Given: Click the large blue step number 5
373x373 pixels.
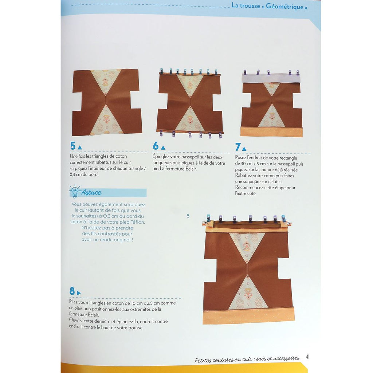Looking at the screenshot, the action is pos(73,146).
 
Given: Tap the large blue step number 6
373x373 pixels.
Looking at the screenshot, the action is pos(156,146).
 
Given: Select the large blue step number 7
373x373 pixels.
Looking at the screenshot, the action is pos(238,147).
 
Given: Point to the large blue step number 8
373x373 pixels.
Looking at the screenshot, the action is pos(72,291).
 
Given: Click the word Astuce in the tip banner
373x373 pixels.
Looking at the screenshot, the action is pos(91,192).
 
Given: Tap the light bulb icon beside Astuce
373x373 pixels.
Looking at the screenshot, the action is pos(74,191).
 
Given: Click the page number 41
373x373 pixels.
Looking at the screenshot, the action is pos(307,357).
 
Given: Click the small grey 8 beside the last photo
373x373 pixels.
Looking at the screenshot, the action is pos(188,216).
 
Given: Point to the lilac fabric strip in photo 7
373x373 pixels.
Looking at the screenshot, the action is pos(271,78).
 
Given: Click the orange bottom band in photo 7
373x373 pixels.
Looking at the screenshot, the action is pos(271,132).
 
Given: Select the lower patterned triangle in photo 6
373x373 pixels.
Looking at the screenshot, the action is pos(190,120).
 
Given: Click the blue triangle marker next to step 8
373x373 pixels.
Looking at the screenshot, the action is pos(79,293).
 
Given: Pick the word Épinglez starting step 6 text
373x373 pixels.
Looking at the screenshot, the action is pos(161,157).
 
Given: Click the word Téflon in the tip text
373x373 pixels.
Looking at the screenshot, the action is pos(138,222).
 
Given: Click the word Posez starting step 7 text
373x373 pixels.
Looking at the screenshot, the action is pos(241,157).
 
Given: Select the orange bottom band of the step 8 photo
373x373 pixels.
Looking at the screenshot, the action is pos(249,316).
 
